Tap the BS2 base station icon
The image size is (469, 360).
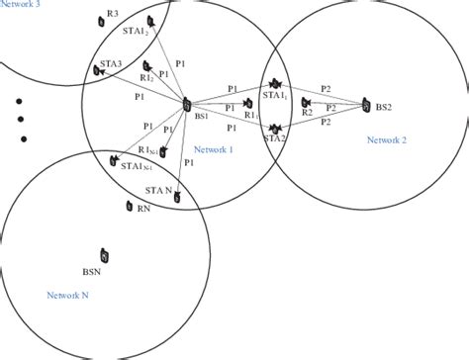[x=367, y=104]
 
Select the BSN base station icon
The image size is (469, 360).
[x=104, y=255]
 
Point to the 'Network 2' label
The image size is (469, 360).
[x=387, y=139]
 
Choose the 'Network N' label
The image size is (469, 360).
[x=68, y=295]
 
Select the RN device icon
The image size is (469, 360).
[x=130, y=207]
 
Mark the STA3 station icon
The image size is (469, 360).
[x=99, y=71]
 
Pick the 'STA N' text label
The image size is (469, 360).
[x=159, y=189]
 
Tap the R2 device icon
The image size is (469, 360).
[x=309, y=102]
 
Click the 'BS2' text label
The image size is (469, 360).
[x=385, y=105]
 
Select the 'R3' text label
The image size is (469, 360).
[x=113, y=14]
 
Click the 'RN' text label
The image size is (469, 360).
[x=143, y=210]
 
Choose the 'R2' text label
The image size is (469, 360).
[x=307, y=114]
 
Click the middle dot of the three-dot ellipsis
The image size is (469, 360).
[x=21, y=120]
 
